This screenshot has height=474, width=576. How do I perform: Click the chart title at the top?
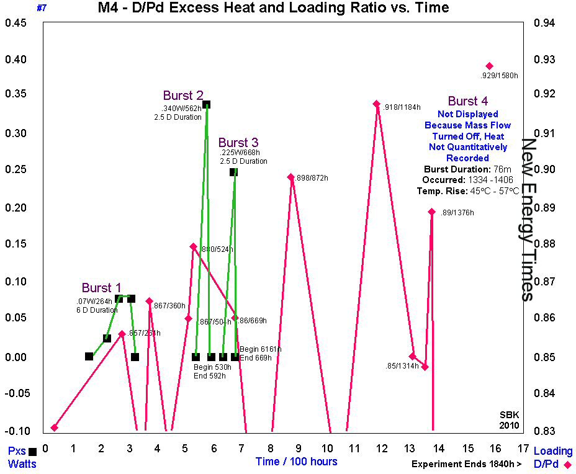(x=273, y=8)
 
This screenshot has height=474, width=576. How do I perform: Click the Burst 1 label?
(x=102, y=288)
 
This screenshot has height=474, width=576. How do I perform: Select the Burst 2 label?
(x=183, y=96)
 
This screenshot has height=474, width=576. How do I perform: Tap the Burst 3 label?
(x=238, y=143)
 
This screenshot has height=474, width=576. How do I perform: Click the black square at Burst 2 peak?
(x=207, y=104)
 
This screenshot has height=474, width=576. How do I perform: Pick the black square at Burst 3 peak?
(x=233, y=172)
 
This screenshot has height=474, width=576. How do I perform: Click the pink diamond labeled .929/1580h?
(x=489, y=66)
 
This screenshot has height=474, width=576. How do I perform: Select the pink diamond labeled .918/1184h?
(x=376, y=104)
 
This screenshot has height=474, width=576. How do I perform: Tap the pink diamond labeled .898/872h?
(x=290, y=177)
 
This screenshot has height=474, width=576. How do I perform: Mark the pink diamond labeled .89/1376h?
(x=431, y=212)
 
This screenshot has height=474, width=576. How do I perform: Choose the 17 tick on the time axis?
(x=523, y=449)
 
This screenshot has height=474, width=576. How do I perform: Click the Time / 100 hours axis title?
(x=296, y=462)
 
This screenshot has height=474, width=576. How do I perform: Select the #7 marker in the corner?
(x=42, y=8)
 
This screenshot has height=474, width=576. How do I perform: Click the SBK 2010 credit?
(x=508, y=420)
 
